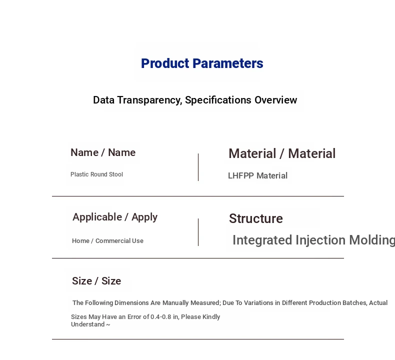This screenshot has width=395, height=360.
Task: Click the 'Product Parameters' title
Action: (202, 63)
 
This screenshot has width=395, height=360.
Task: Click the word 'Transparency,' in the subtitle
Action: (149, 100)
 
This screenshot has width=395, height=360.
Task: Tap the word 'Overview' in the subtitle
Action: (276, 100)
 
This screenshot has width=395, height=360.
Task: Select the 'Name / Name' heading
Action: (103, 152)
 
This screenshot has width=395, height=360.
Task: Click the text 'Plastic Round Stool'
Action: (96, 174)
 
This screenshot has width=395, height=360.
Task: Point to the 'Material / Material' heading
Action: (282, 153)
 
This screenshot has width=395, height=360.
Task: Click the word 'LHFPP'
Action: (241, 175)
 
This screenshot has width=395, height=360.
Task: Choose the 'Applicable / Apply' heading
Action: (115, 217)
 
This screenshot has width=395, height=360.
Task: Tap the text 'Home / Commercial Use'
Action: (108, 241)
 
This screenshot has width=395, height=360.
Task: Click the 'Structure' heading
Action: (256, 218)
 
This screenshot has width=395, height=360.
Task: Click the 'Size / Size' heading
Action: (96, 281)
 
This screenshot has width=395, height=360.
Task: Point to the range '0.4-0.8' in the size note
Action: (160, 316)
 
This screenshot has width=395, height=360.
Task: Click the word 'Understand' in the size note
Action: (88, 324)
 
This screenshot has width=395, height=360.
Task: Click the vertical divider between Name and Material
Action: (198, 167)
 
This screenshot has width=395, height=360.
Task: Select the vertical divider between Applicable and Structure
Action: (198, 232)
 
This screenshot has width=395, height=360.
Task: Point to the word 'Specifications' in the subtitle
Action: (218, 100)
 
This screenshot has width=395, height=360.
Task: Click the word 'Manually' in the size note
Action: (175, 303)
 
